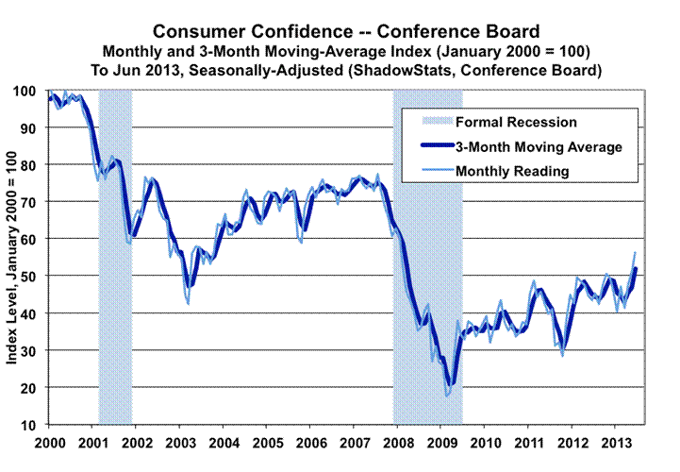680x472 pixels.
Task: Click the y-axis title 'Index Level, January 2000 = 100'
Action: tap(16, 258)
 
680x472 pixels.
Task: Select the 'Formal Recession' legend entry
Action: tap(515, 122)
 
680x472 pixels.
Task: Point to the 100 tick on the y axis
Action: tap(28, 91)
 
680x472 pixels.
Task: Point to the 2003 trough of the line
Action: tap(188, 303)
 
